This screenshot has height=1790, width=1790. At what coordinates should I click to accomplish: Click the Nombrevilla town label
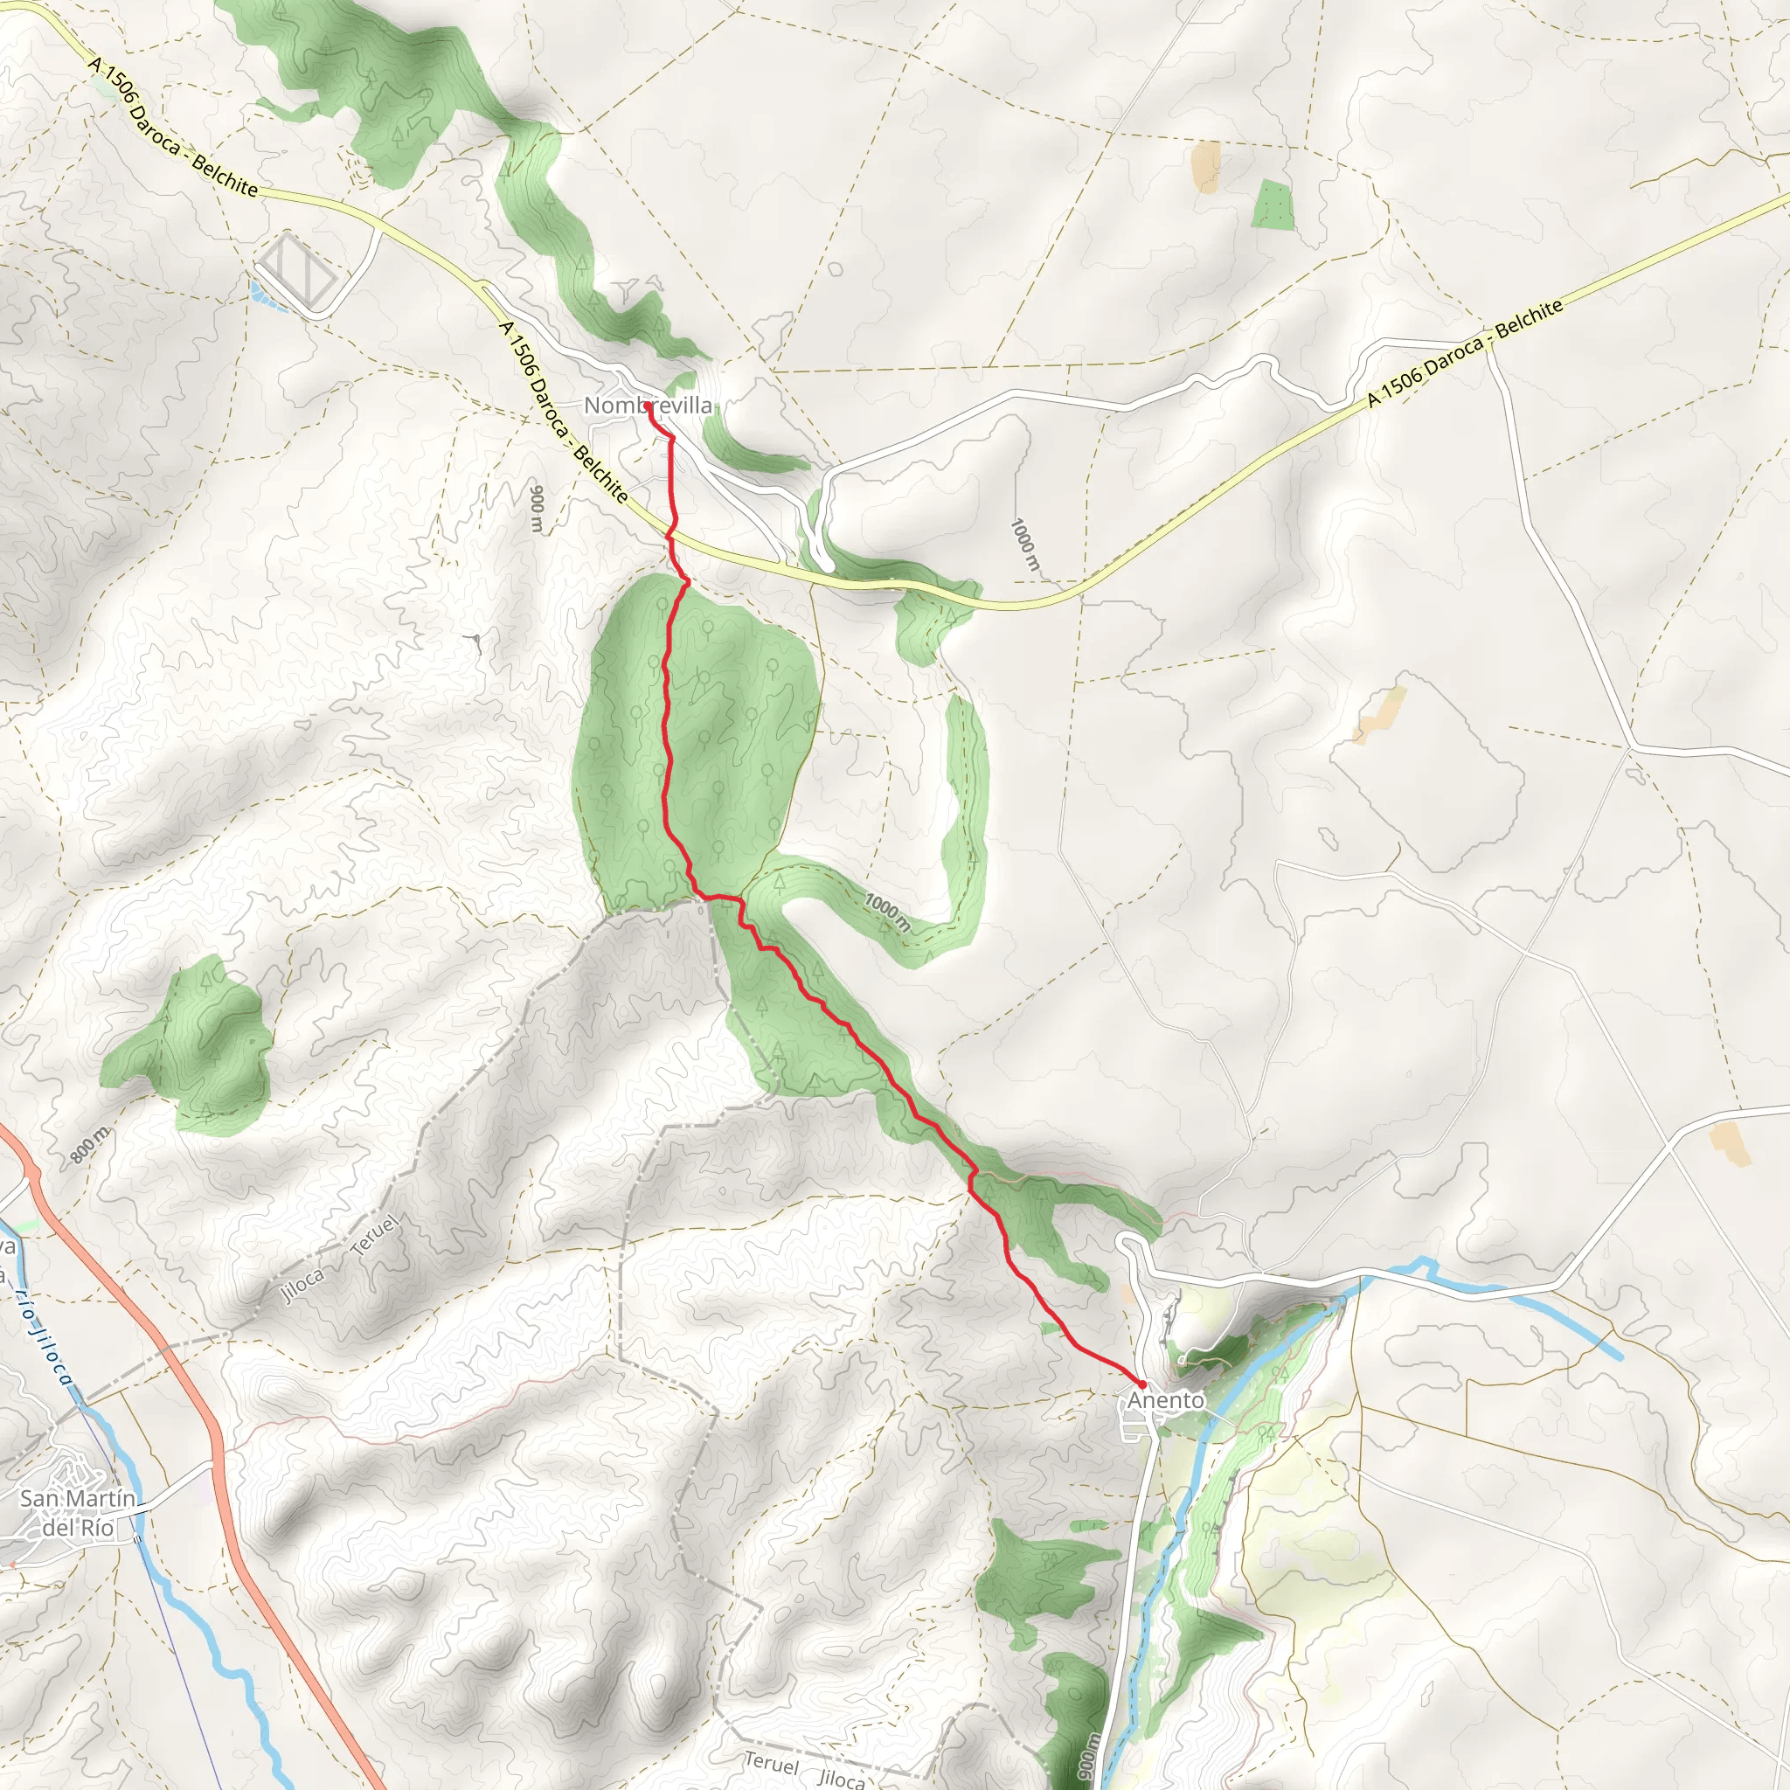648,406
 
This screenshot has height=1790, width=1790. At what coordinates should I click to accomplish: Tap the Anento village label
1166,1400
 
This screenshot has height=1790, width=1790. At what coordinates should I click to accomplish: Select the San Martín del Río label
78,1512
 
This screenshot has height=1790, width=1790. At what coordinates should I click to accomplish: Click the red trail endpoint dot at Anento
1142,1384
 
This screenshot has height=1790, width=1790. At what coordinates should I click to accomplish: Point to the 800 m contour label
90,1146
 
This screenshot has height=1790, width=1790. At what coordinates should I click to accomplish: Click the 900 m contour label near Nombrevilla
537,507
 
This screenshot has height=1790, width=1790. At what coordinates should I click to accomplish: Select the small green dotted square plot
1273,205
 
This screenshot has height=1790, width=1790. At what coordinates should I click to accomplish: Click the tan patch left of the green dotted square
1205,166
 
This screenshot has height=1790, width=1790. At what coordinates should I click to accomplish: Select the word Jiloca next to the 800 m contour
303,1285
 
